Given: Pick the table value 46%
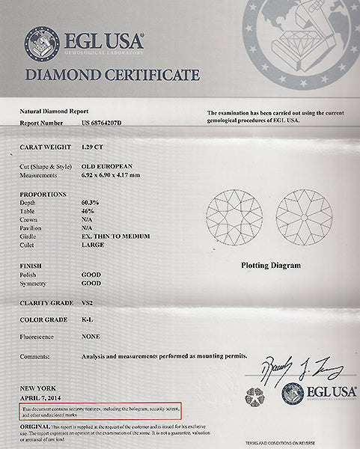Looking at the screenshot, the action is point(87,211).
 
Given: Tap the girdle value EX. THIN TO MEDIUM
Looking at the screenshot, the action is point(115,236).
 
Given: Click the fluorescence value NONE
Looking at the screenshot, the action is point(91,338).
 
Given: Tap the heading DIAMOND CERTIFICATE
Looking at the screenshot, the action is point(112,75).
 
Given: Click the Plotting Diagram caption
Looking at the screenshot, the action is point(271,265).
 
